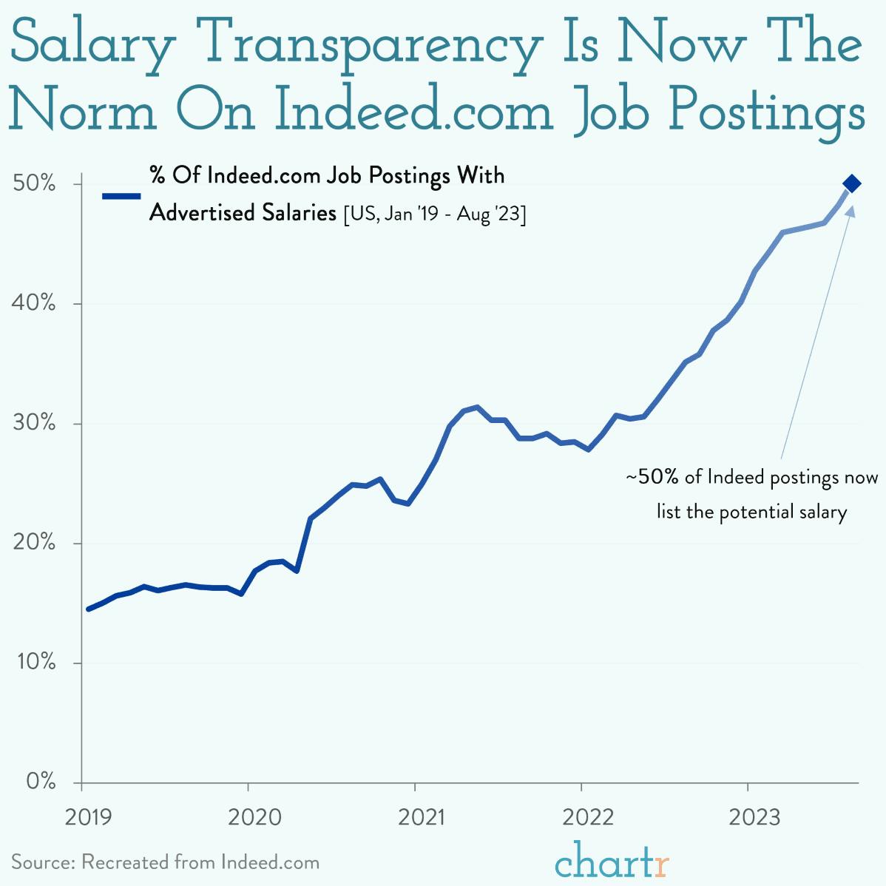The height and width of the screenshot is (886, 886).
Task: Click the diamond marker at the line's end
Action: click(851, 183)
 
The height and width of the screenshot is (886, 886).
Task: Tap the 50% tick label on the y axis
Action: click(35, 183)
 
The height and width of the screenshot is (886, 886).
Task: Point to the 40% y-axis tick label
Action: click(35, 303)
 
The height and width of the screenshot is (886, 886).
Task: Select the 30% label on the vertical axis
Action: click(35, 423)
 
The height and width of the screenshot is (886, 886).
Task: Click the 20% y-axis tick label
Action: click(35, 543)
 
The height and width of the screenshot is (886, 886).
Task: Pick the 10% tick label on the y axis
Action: click(35, 663)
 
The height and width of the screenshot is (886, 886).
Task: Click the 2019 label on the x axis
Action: click(89, 817)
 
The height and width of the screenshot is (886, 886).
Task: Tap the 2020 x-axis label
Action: click(254, 817)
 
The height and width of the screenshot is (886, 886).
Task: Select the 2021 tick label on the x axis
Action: click(422, 817)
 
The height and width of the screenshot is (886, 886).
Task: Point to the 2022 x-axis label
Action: click(588, 817)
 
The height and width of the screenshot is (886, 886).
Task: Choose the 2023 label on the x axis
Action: click(754, 817)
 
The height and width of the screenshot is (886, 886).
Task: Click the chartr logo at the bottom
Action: click(612, 862)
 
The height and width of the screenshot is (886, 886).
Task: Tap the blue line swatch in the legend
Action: click(121, 196)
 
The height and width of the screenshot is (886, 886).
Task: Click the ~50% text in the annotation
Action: click(652, 477)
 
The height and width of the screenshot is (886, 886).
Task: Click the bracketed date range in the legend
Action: click(435, 214)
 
